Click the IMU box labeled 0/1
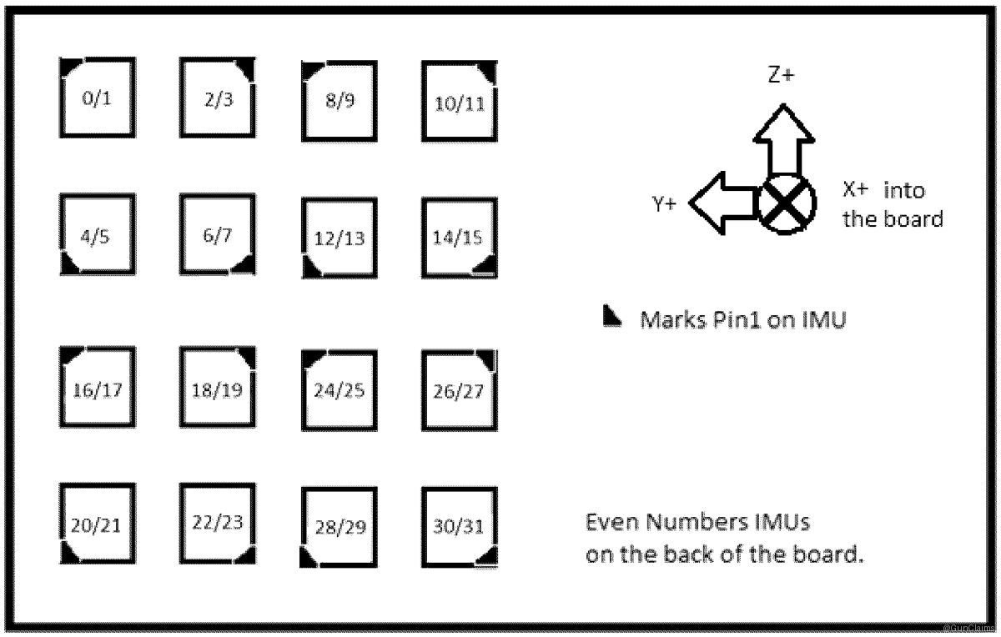(98, 98)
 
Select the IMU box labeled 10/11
(460, 100)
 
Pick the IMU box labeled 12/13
(339, 238)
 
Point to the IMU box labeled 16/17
(98, 387)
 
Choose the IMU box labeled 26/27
(460, 390)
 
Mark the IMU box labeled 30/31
(460, 527)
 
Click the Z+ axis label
(781, 75)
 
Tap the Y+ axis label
(665, 203)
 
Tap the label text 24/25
(339, 390)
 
